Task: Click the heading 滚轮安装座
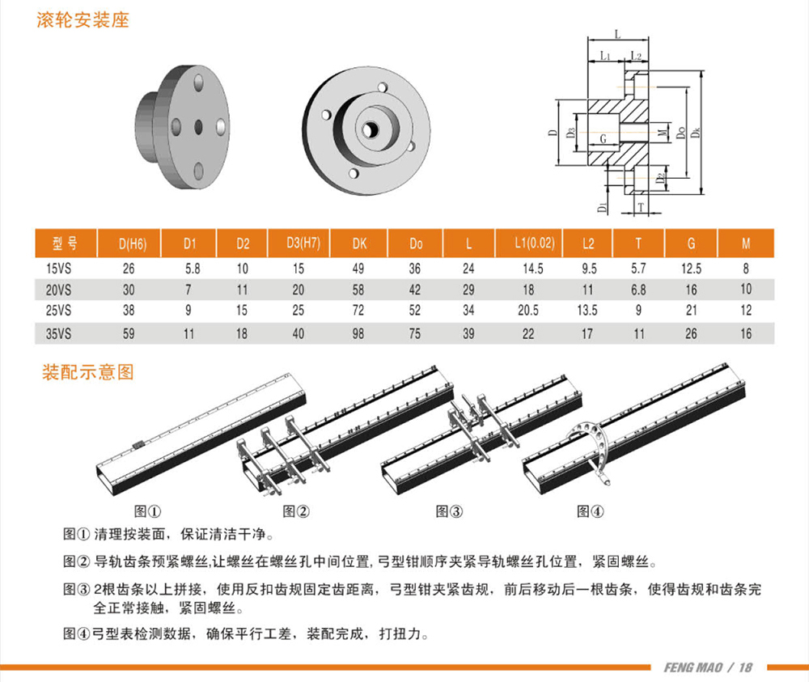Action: point(83,20)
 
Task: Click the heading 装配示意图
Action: point(87,372)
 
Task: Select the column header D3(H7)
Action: point(303,243)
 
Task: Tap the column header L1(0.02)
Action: point(535,243)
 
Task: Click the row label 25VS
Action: point(58,311)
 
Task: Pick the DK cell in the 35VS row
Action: point(358,334)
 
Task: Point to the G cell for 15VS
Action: point(692,269)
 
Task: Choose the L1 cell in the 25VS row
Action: point(528,311)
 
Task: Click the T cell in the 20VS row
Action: point(639,290)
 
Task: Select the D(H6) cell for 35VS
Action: point(129,334)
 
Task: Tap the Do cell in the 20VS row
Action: point(415,290)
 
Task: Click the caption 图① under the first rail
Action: point(147,511)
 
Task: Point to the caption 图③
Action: point(449,511)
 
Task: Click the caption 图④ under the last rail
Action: point(591,511)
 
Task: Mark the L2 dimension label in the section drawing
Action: point(636,56)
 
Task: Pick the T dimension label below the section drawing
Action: point(641,207)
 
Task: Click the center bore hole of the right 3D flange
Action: point(370,130)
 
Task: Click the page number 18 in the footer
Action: point(746,667)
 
